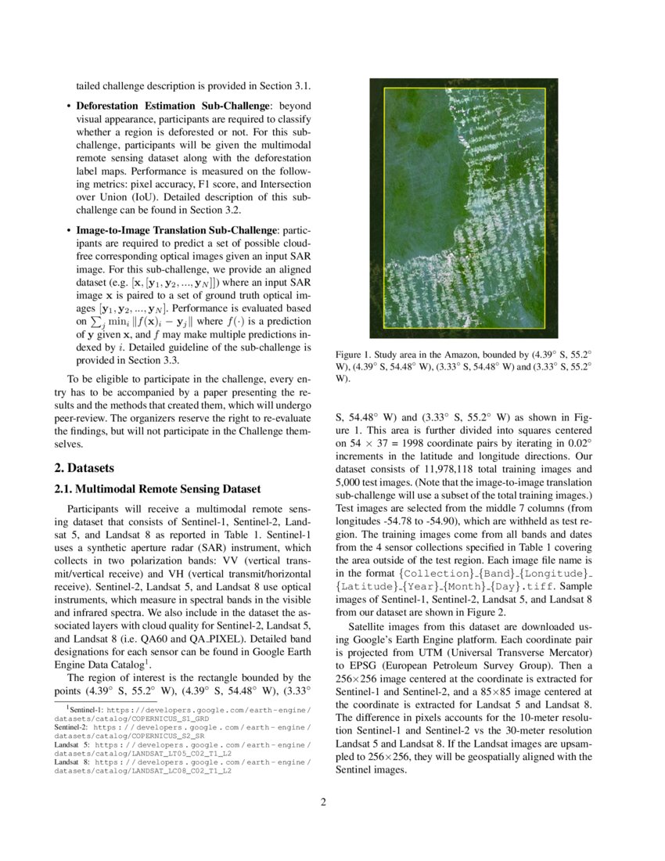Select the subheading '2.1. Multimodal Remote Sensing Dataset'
[156, 489]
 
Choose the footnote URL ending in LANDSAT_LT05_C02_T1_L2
[141, 753]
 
